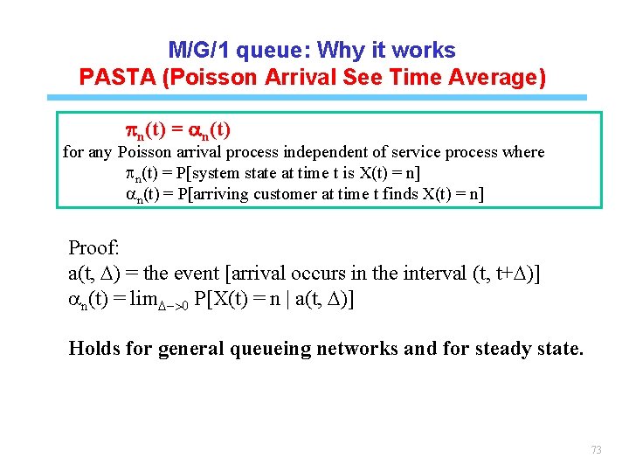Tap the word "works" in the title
(x=425, y=50)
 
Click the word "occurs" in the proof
(x=308, y=274)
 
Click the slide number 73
(x=597, y=450)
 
